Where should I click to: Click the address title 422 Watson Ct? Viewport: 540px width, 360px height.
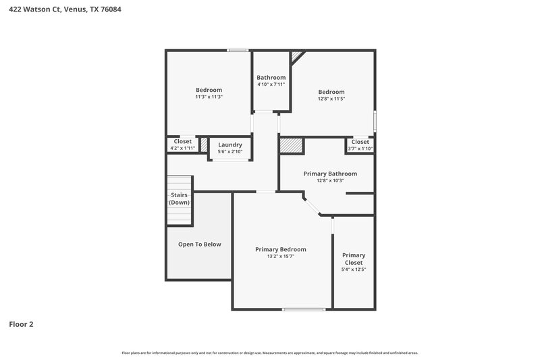(65, 10)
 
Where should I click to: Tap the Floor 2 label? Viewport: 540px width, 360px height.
(21, 324)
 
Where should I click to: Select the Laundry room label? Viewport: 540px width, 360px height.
(230, 145)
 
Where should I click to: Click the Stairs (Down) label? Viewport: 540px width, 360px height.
(179, 199)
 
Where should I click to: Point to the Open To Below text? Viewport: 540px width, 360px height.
(199, 244)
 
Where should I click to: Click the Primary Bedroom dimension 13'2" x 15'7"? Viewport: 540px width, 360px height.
(281, 257)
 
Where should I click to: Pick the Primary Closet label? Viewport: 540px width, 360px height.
(354, 259)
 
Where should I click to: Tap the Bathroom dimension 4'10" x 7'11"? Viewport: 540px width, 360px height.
(271, 84)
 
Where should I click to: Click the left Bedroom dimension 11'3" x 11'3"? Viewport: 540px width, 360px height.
(209, 97)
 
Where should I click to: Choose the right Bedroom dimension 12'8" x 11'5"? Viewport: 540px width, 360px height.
(331, 99)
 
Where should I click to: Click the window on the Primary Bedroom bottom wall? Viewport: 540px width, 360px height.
(303, 309)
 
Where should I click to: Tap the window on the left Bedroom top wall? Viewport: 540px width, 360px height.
(237, 50)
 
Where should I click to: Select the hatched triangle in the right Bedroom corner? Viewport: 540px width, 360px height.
(297, 56)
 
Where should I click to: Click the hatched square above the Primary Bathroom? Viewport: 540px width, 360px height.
(290, 146)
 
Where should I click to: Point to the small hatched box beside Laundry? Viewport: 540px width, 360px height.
(204, 144)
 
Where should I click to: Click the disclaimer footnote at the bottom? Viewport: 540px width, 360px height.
(270, 353)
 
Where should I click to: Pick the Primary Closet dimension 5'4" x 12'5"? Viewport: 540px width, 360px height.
(354, 270)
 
